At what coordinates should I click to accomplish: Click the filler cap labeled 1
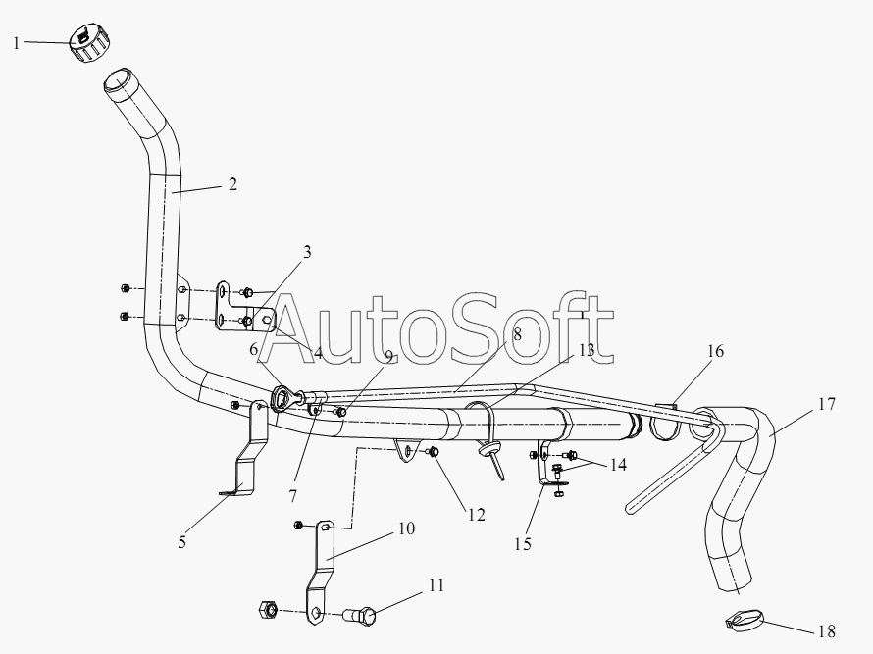coord(89,43)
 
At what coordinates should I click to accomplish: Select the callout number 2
coord(232,184)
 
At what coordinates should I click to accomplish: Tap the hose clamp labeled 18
coord(744,621)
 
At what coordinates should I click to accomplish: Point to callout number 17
coord(827,404)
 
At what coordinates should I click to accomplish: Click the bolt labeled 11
coord(360,615)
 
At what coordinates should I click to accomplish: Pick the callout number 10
coord(407,528)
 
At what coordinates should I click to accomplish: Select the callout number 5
coord(182,542)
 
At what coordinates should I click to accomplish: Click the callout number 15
coord(523,544)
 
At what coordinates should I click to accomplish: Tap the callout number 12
coord(477,515)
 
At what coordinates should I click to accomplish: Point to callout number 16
coord(715,351)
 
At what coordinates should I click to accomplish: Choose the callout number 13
coord(587,350)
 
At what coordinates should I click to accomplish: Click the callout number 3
coord(307,252)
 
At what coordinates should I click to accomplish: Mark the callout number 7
coord(293,495)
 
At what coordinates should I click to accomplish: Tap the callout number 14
coord(618,464)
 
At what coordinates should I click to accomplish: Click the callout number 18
coord(827,631)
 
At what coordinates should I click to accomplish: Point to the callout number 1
coord(17,43)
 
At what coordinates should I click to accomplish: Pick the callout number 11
coord(436,585)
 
